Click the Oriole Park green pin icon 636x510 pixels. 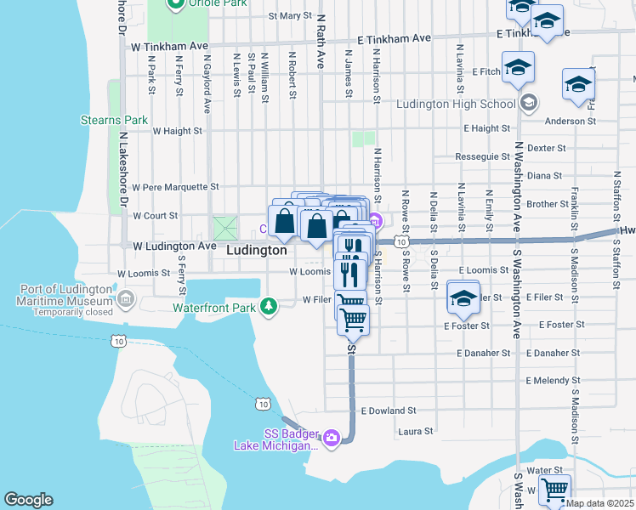click(x=176, y=4)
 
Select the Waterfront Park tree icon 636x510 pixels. click(x=269, y=305)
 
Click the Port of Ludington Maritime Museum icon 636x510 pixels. click(x=126, y=298)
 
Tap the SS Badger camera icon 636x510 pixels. click(x=332, y=438)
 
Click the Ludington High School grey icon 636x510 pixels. click(x=529, y=104)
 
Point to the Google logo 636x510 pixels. click(x=28, y=500)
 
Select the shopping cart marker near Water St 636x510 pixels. click(x=554, y=490)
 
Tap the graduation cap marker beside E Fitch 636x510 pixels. click(x=518, y=69)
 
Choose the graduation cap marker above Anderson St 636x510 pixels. click(x=578, y=86)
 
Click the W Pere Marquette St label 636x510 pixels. click(x=174, y=186)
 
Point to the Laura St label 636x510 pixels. click(x=415, y=431)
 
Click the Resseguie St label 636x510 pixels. click(x=482, y=157)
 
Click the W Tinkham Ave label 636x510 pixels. click(x=169, y=46)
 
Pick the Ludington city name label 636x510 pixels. click(x=257, y=252)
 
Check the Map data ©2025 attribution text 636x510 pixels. click(x=600, y=503)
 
